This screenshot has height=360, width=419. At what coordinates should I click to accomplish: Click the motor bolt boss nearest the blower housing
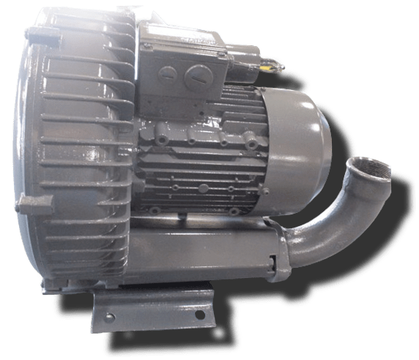point(162,134)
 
